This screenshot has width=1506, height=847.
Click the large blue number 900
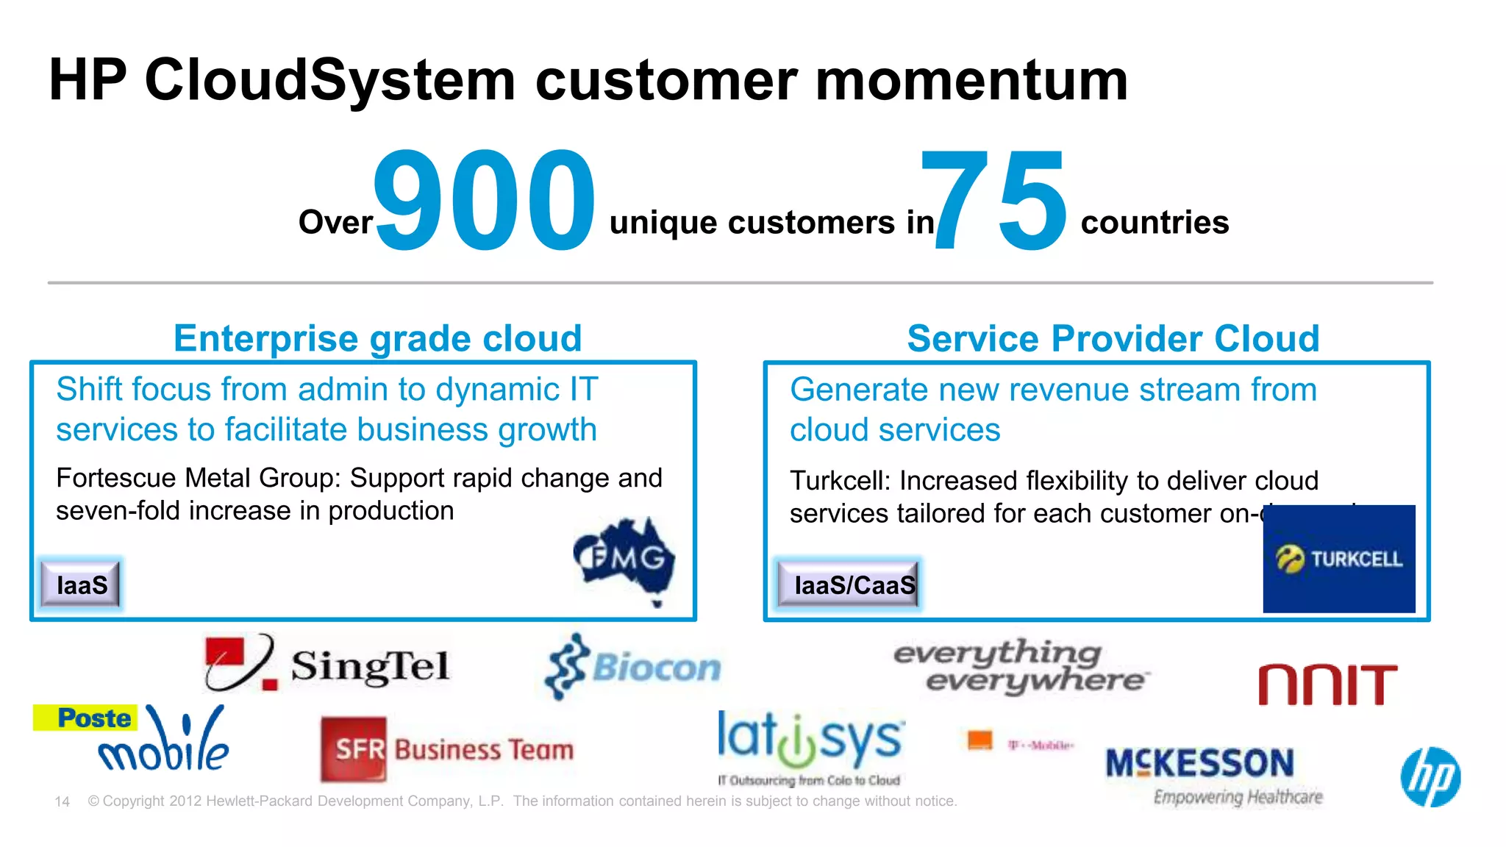coord(484,200)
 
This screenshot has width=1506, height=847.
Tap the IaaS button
coord(81,585)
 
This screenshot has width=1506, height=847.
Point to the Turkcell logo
coord(1338,559)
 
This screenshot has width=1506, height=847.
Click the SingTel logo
coord(327,663)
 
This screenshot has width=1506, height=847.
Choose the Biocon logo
coord(633,666)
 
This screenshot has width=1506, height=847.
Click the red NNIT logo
coord(1327,685)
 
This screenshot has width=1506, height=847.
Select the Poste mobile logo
coord(132,737)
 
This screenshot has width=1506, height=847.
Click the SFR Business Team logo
coord(447,749)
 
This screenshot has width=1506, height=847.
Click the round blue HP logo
coord(1430,777)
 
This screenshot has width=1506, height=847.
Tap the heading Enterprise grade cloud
coord(377,339)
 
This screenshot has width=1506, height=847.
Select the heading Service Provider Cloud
coord(1113,339)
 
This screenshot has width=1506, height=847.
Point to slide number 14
coord(63,801)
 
